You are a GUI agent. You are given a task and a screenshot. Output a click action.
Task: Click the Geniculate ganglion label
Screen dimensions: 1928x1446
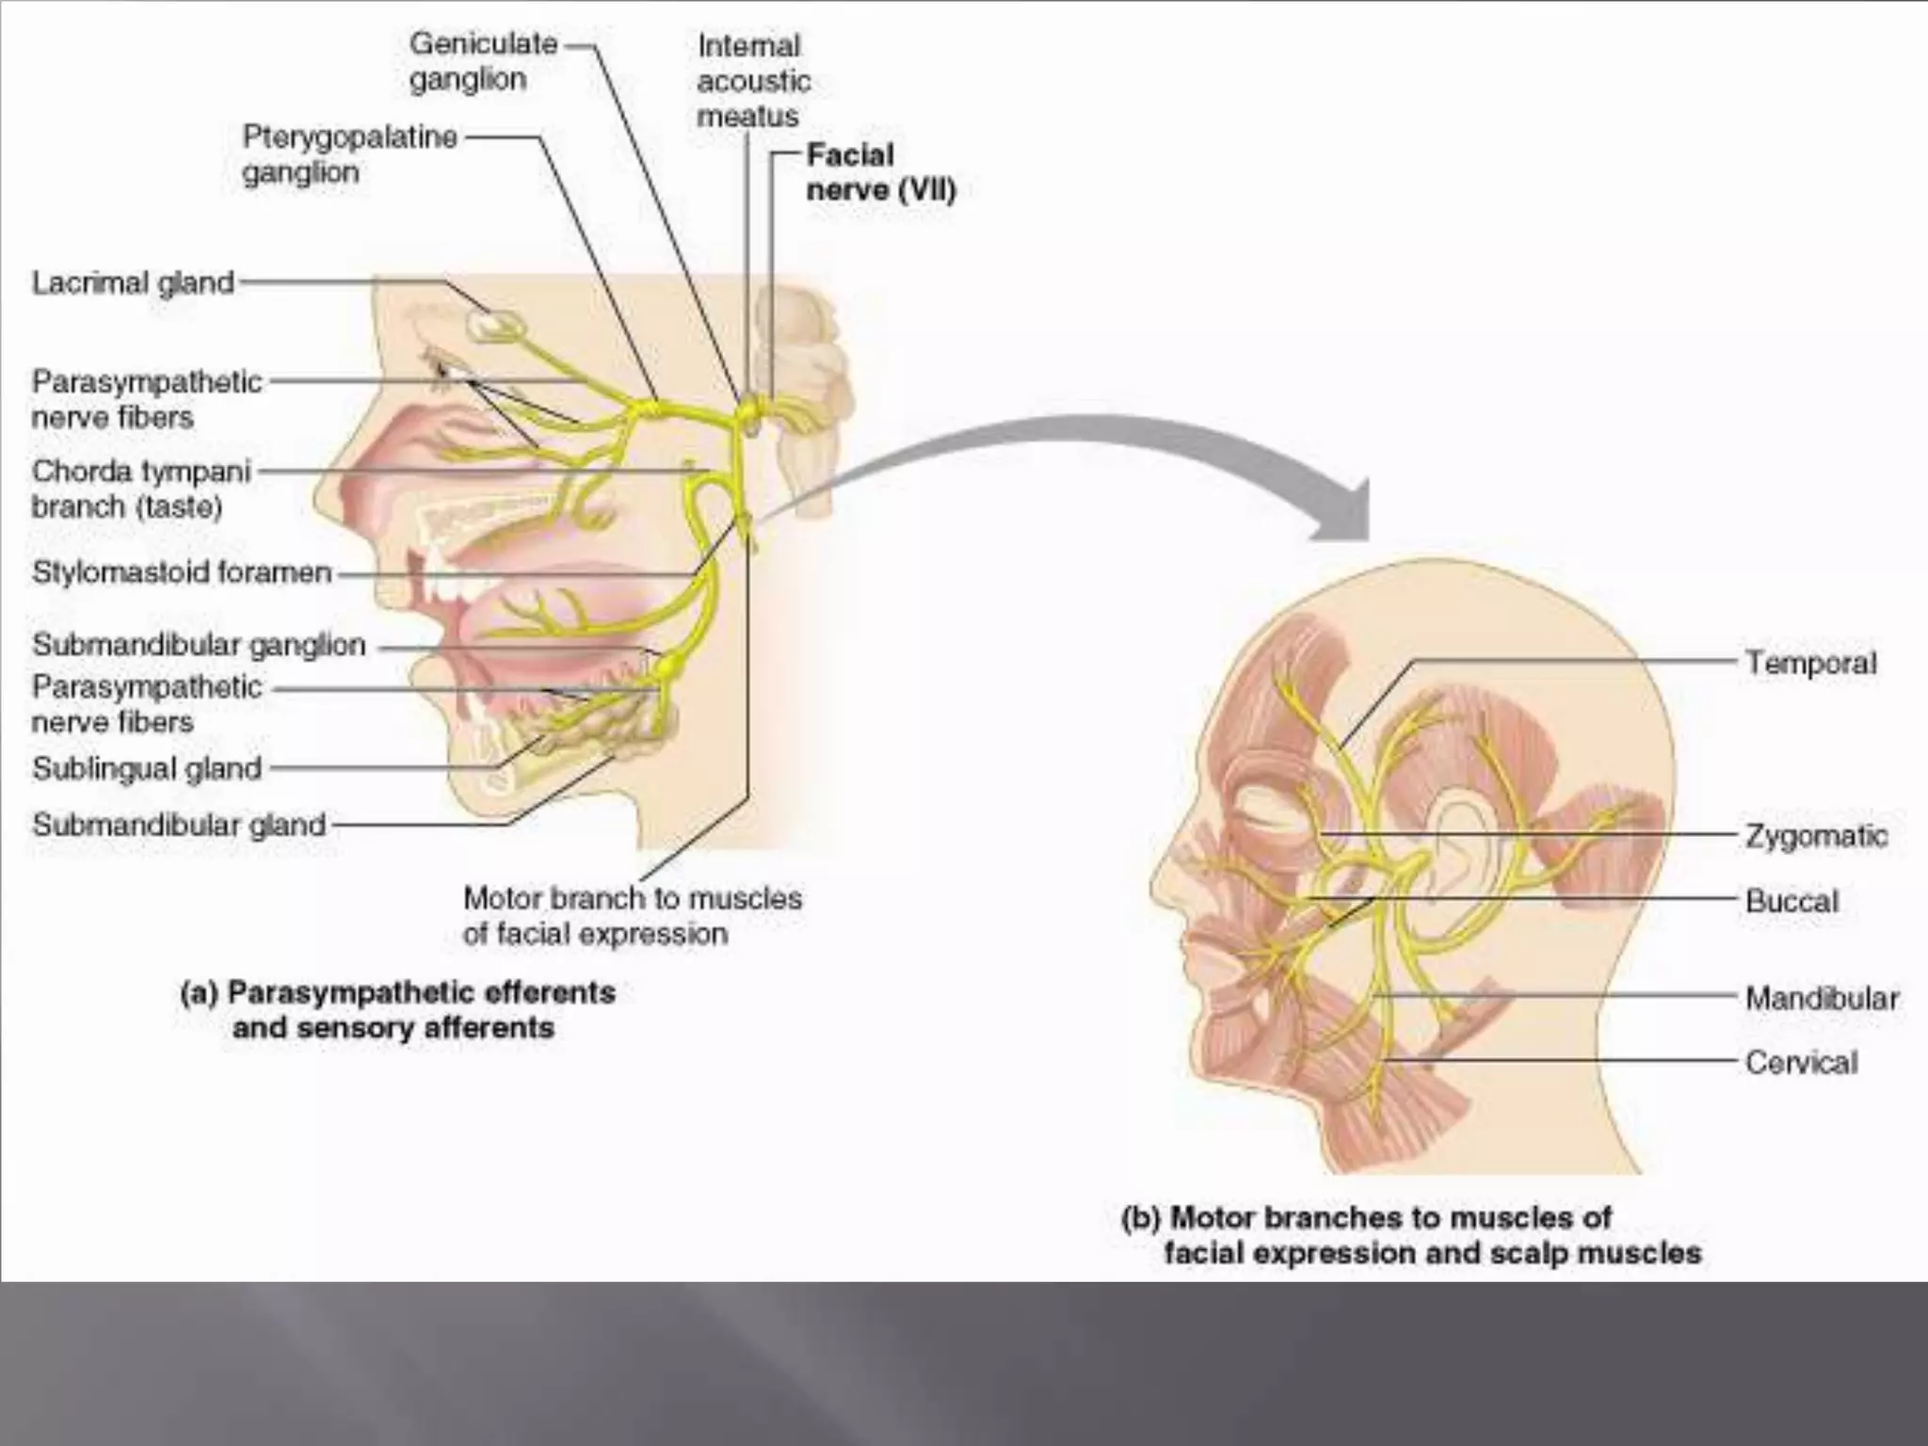pyautogui.click(x=483, y=61)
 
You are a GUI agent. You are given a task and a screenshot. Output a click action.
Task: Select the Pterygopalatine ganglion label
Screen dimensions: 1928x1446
pyautogui.click(x=349, y=154)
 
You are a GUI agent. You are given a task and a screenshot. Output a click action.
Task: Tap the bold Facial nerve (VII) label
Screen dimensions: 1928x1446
pyautogui.click(x=880, y=172)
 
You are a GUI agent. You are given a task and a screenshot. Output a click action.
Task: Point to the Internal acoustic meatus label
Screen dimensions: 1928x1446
pyautogui.click(x=753, y=81)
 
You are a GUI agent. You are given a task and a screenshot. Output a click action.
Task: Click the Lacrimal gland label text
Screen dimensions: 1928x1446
pyautogui.click(x=133, y=282)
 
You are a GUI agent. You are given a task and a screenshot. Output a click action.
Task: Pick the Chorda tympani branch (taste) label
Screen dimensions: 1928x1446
pyautogui.click(x=141, y=489)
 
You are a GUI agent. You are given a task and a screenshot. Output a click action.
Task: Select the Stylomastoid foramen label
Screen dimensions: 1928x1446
pyautogui.click(x=182, y=571)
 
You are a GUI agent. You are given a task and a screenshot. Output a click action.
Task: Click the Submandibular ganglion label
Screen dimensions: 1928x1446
pyautogui.click(x=199, y=645)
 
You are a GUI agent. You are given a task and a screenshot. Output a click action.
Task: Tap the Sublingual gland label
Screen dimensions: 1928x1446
pyautogui.click(x=147, y=768)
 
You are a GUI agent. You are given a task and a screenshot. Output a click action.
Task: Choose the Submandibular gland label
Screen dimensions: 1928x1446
pyautogui.click(x=179, y=825)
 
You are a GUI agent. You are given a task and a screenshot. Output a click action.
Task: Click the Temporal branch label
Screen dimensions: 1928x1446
pyautogui.click(x=1810, y=663)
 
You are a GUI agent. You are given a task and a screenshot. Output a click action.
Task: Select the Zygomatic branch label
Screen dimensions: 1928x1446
pyautogui.click(x=1816, y=835)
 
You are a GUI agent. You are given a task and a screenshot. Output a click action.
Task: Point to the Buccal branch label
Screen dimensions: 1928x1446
pyautogui.click(x=1791, y=901)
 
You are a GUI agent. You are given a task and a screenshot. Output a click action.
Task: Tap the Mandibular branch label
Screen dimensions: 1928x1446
pyautogui.click(x=1822, y=998)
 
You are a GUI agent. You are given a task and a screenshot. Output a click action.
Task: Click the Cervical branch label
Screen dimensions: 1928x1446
pyautogui.click(x=1801, y=1063)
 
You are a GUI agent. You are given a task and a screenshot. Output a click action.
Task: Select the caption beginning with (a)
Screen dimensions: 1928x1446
pyautogui.click(x=397, y=1009)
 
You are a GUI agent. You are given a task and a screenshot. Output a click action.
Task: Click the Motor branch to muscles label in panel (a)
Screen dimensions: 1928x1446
pyautogui.click(x=632, y=915)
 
